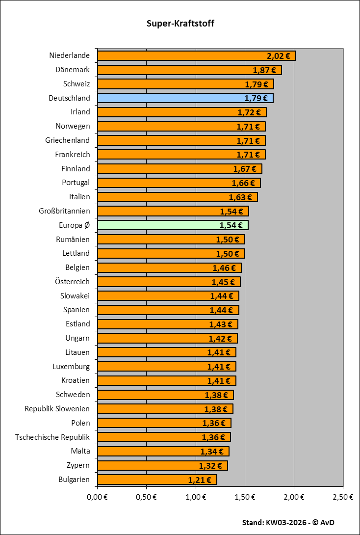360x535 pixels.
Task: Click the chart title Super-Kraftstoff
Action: tap(180, 24)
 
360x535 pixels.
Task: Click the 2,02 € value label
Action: tap(279, 56)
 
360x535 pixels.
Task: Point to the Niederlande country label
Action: tap(70, 55)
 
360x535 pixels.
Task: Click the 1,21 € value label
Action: tap(200, 480)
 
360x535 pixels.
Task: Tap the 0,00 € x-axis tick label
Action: tap(97, 497)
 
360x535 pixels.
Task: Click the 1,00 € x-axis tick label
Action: tap(196, 497)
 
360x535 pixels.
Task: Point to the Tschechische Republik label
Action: tap(52, 437)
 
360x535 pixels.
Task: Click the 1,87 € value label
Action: tap(264, 70)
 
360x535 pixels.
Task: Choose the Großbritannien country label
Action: tap(64, 211)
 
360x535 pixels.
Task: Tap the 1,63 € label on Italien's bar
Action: tap(240, 197)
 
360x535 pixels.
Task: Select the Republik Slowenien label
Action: tap(57, 409)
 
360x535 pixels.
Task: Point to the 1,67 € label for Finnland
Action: tap(245, 169)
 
